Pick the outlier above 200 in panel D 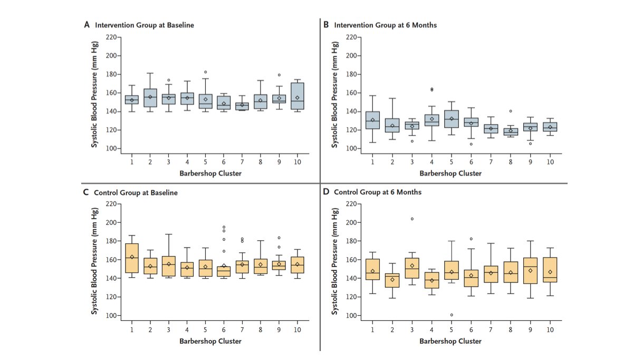(x=411, y=219)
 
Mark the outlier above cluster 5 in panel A (x=206, y=72)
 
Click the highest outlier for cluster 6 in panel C (x=224, y=227)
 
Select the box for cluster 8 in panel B (x=511, y=132)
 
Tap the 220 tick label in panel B (x=352, y=37)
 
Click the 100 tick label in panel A (x=111, y=149)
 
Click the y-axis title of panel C (x=95, y=260)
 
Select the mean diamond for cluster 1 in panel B (x=373, y=120)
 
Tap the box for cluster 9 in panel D (x=530, y=270)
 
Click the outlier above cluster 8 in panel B (x=511, y=111)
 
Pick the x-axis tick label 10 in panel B (x=550, y=161)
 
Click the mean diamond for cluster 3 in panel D (x=411, y=266)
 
